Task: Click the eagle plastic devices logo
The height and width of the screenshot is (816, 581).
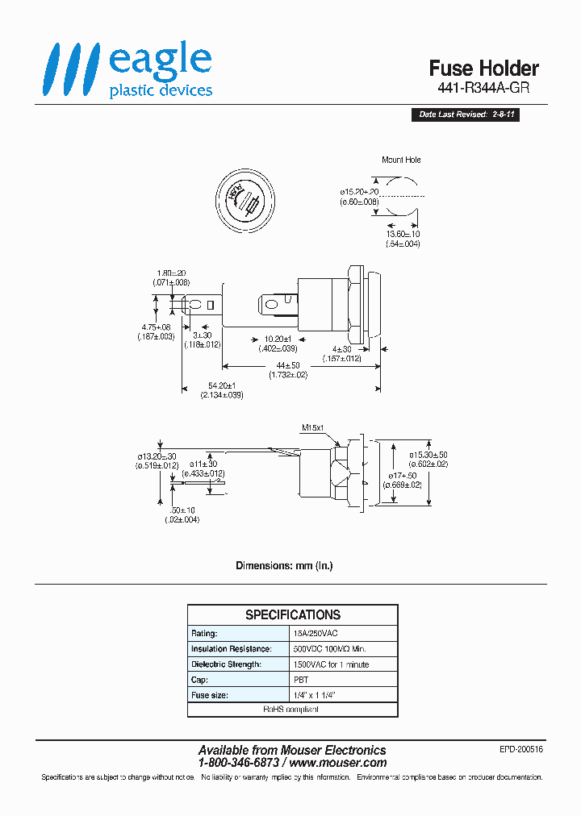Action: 127,70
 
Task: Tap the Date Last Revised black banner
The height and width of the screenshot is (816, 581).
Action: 467,114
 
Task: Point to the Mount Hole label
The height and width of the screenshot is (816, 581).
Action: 401,160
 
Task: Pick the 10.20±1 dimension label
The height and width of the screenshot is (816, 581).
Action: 278,339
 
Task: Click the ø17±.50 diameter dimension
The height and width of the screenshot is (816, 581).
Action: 403,476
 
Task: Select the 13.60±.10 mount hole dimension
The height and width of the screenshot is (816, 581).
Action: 402,235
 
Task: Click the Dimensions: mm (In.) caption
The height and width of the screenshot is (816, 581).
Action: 284,565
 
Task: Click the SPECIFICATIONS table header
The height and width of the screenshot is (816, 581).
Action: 292,614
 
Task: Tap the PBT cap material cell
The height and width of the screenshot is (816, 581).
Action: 299,680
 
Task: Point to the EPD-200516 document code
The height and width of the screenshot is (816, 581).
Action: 520,749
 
